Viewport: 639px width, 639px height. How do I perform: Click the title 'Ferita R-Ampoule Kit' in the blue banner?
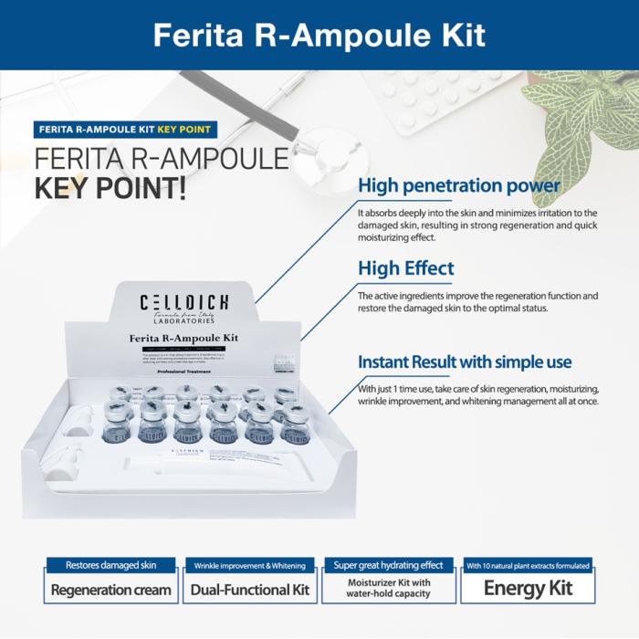[x=319, y=35]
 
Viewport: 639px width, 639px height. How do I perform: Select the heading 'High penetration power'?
[x=459, y=186]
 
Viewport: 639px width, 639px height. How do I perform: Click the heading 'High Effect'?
[x=406, y=268]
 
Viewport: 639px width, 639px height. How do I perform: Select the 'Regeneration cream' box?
[x=111, y=589]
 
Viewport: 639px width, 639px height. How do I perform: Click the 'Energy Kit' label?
[x=528, y=588]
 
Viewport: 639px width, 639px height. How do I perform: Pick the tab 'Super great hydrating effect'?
[x=388, y=565]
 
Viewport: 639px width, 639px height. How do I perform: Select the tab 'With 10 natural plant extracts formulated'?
[x=528, y=565]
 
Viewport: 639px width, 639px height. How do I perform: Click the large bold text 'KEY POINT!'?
[x=110, y=187]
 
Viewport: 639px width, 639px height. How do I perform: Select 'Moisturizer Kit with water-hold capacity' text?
[x=388, y=588]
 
